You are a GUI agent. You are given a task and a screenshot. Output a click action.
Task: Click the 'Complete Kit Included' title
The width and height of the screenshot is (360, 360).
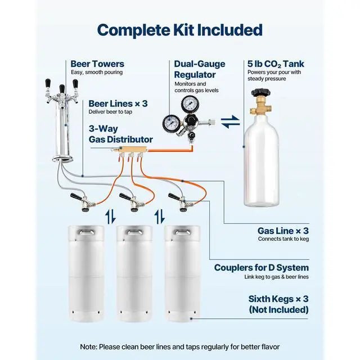[180, 30]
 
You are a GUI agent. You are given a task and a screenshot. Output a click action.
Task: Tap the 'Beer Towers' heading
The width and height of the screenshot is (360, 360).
[97, 64]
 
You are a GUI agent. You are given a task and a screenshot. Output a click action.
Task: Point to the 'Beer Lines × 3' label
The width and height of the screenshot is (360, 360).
[118, 104]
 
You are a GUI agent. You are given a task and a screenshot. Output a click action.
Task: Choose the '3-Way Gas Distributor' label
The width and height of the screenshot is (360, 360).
[120, 134]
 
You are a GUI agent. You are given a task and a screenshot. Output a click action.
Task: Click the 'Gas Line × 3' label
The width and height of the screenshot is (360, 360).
[283, 231]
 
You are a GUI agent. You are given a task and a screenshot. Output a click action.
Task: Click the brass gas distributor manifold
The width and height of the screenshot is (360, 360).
[134, 151]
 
